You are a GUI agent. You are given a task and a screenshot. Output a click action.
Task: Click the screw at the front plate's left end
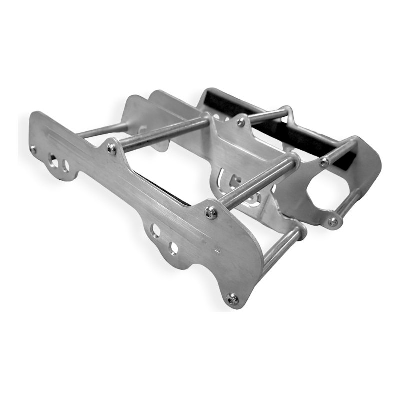[x=33, y=148]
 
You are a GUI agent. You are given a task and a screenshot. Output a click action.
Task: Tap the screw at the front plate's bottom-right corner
[x=231, y=299]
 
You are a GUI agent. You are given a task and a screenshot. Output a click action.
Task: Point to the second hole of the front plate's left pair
[x=65, y=165]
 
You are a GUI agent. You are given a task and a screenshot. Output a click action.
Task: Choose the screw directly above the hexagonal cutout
[x=324, y=161]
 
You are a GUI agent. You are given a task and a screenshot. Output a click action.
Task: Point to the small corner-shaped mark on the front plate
[x=216, y=248]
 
